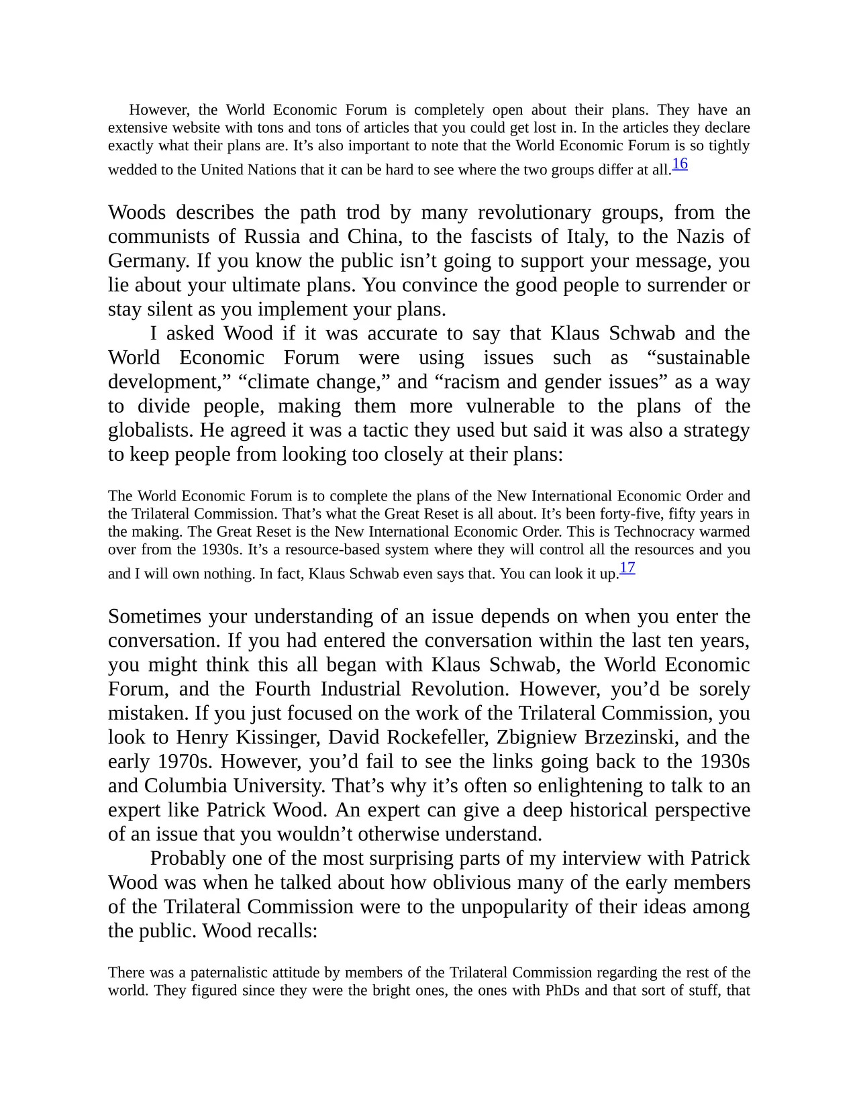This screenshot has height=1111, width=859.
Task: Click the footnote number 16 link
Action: pos(680,163)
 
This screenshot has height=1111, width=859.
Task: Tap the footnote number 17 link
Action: pos(627,568)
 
